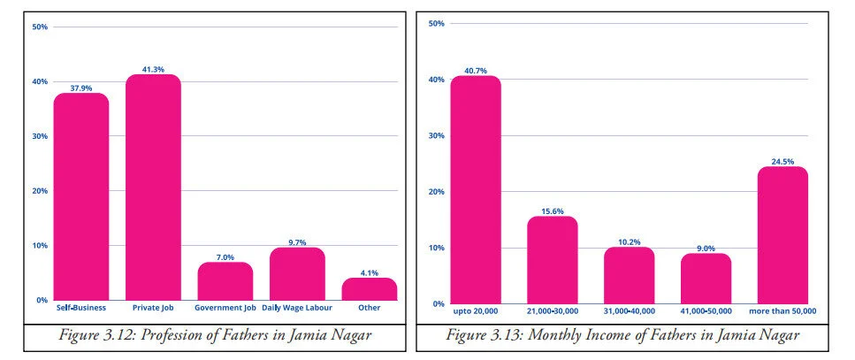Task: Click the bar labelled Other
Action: [369, 289]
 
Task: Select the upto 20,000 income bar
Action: [476, 189]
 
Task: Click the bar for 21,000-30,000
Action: [553, 260]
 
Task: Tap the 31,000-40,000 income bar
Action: [630, 275]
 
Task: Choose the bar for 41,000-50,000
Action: [706, 279]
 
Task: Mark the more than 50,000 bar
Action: [782, 235]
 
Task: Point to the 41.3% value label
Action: [153, 69]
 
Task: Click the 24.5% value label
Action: [782, 161]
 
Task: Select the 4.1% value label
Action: [369, 272]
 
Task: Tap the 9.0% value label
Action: [706, 248]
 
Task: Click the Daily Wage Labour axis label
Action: [297, 308]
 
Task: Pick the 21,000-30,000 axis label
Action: [553, 310]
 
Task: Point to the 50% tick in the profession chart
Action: [40, 27]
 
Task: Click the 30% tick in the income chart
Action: [434, 135]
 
